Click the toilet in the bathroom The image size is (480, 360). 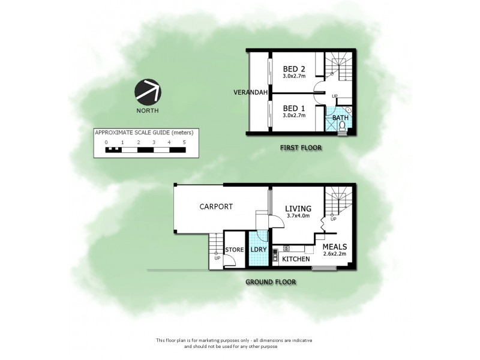(343, 124)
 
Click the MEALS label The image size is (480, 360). (335, 246)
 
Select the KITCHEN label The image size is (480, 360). (296, 259)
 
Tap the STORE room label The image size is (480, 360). (233, 250)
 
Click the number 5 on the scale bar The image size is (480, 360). (184, 142)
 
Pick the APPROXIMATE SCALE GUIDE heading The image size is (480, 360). (146, 132)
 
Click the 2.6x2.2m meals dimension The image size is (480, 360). (335, 254)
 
